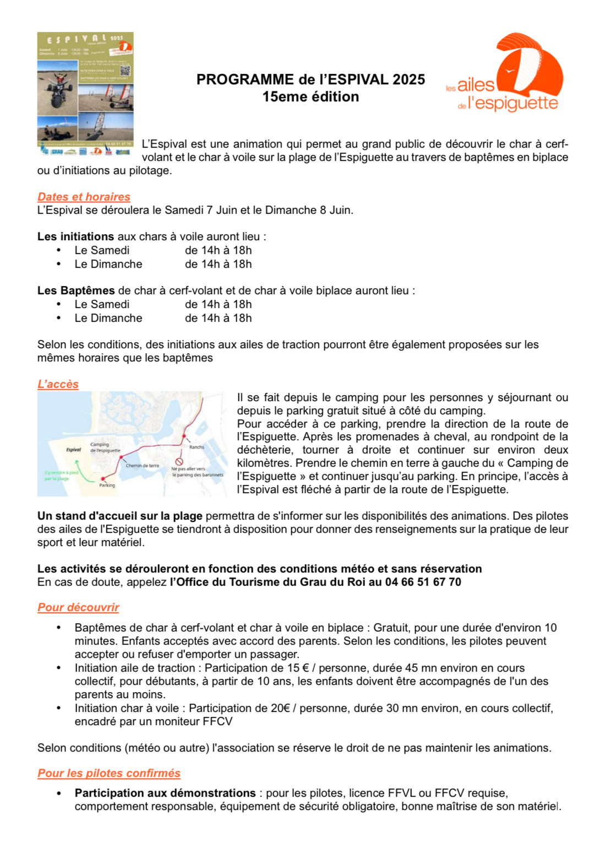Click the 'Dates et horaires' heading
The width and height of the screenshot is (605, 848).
[84, 197]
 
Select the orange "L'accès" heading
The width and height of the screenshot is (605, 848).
[58, 384]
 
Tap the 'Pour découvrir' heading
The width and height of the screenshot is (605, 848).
[78, 607]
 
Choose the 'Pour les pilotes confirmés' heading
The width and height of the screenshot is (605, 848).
[109, 773]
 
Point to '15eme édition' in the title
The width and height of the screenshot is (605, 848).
[310, 97]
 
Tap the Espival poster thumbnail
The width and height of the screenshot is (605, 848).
[85, 93]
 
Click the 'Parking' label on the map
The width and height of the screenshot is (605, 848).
[107, 485]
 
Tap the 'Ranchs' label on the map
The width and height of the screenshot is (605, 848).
[197, 447]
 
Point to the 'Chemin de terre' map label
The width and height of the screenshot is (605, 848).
[142, 466]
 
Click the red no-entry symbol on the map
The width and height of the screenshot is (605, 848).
[179, 462]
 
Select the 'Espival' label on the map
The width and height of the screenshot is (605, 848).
[73, 450]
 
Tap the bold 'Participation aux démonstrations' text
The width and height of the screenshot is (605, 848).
[165, 793]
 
